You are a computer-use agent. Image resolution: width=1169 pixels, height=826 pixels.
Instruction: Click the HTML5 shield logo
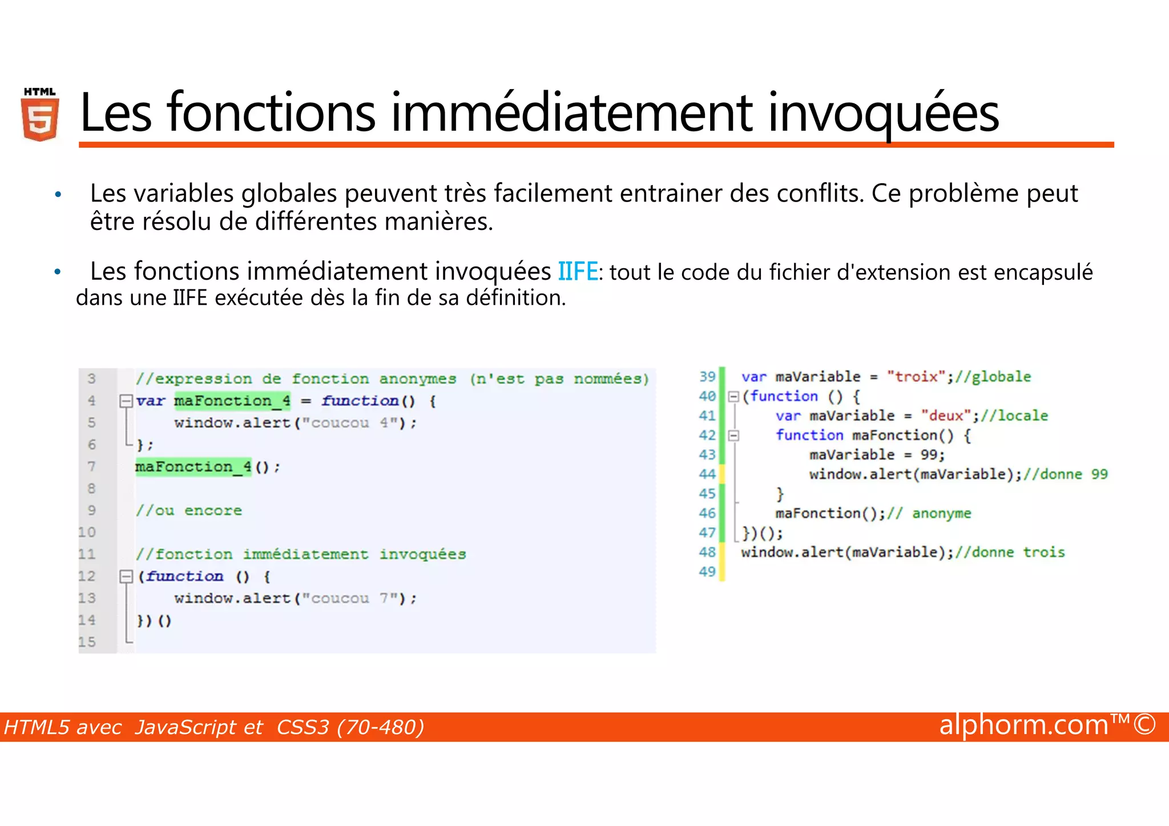40,115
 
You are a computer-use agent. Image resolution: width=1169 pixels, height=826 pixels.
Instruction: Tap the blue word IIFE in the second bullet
577,272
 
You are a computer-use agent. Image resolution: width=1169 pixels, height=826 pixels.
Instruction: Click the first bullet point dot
58,195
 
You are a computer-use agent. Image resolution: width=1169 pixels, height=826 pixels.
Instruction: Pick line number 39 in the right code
707,377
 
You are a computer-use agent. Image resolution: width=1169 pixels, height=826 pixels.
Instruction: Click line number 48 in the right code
707,552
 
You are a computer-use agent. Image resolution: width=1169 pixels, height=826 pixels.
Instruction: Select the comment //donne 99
1065,474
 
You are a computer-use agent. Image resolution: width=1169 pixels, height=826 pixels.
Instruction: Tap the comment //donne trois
1009,552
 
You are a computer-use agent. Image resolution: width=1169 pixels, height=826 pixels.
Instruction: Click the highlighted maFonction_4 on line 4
232,401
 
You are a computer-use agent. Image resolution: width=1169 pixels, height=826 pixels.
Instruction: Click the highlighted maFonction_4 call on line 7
193,467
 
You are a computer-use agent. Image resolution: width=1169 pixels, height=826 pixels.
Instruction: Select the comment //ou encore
188,510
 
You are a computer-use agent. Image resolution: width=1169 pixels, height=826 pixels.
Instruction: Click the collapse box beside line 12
126,577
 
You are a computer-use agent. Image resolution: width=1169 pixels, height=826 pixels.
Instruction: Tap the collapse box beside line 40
733,396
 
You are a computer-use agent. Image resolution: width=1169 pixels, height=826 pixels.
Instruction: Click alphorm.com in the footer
1024,725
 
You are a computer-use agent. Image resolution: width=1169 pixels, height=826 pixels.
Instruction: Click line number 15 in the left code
87,642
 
